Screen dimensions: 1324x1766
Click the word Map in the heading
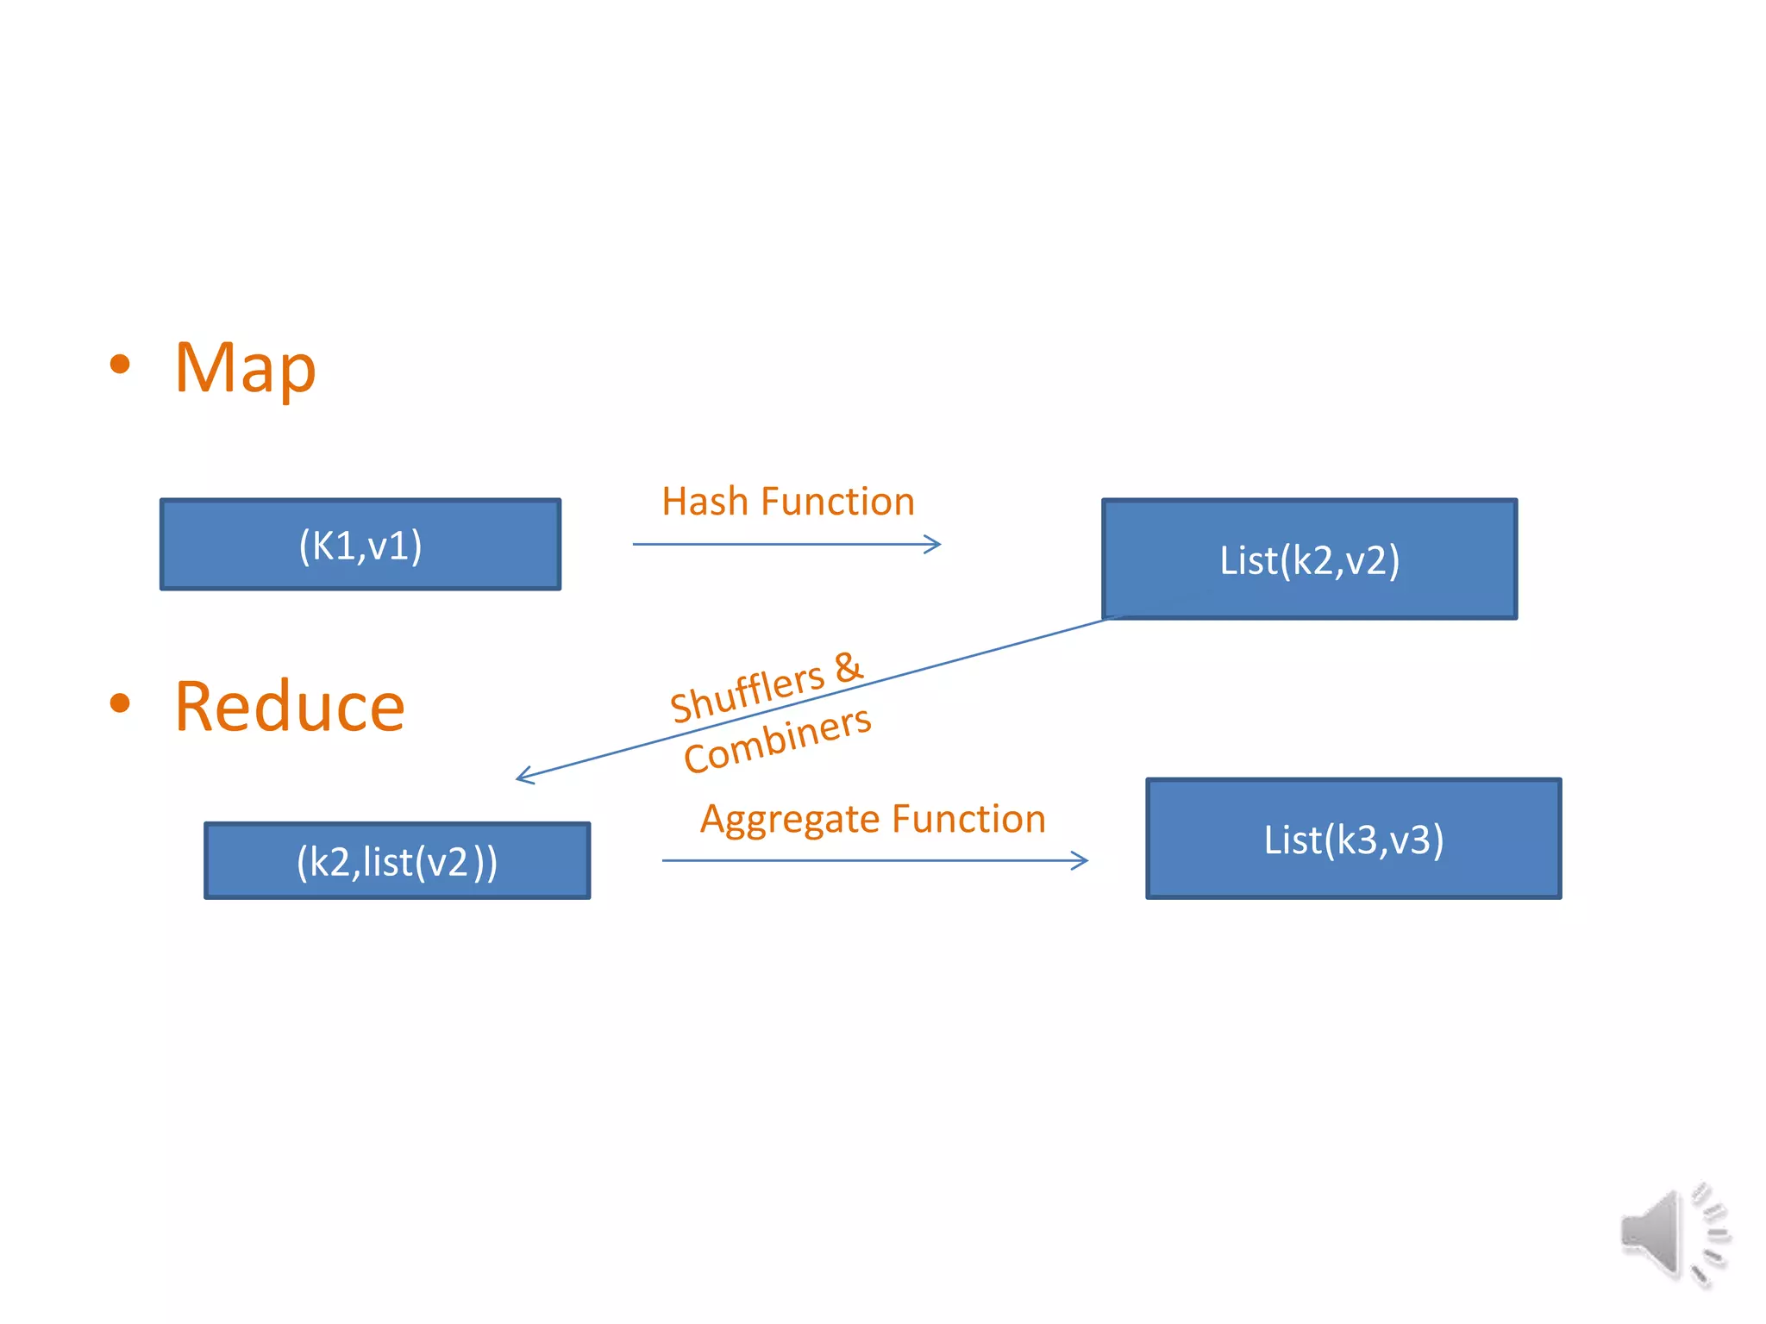[x=246, y=369]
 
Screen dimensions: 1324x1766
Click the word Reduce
[x=290, y=707]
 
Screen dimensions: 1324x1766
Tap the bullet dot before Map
[x=120, y=364]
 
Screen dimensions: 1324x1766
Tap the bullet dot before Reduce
[x=120, y=703]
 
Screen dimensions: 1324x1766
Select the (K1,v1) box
[x=360, y=545]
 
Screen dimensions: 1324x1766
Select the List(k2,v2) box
[x=1309, y=559]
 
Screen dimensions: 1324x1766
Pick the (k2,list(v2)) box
[x=397, y=861]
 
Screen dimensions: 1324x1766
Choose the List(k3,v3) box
[x=1353, y=839]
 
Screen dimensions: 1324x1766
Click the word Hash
[x=705, y=502]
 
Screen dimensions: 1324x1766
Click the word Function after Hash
[x=838, y=502]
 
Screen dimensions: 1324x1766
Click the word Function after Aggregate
[x=969, y=819]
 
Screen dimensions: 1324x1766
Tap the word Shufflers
[x=748, y=693]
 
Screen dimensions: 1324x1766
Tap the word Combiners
[x=777, y=740]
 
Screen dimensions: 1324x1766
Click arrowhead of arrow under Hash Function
[x=936, y=544]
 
